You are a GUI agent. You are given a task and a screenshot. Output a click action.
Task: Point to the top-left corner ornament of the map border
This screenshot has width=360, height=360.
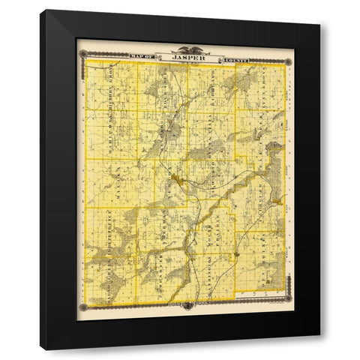[x=85, y=54]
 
